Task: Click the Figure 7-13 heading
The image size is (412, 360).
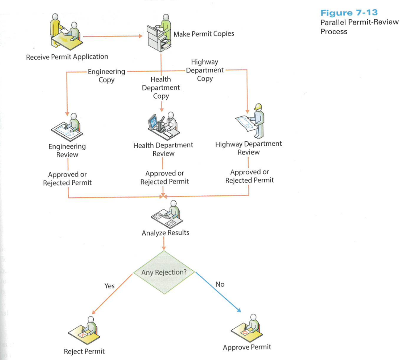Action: (349, 13)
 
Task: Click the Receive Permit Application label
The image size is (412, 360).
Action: (67, 57)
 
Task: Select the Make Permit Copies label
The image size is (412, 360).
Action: (204, 34)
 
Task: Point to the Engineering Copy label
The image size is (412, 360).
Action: (107, 76)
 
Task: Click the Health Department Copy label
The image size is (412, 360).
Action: (161, 88)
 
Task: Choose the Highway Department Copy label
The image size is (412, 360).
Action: (205, 70)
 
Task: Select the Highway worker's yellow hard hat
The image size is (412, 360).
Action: (259, 107)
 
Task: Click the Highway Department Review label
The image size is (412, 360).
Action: (249, 148)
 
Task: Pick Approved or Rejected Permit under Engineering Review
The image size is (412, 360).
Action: (67, 178)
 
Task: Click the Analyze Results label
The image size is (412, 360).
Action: (165, 233)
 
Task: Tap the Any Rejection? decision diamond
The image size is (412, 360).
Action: (164, 273)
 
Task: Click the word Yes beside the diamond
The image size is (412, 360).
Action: (109, 286)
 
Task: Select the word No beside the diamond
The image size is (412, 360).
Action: (220, 284)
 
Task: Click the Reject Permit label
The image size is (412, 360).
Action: (84, 351)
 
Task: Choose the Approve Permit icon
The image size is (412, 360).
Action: (247, 328)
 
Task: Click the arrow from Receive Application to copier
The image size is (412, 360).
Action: (113, 36)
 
